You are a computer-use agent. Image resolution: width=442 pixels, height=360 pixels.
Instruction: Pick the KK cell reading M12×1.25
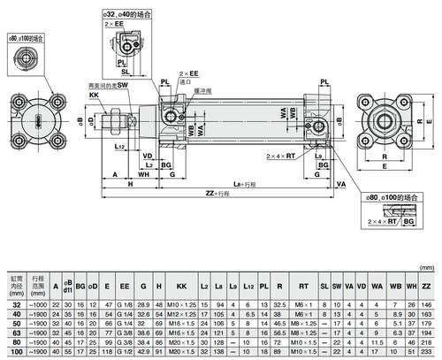182,314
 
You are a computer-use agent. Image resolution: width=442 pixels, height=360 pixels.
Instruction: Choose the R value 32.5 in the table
279,303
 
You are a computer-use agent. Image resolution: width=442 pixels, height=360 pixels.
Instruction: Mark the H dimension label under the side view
130,183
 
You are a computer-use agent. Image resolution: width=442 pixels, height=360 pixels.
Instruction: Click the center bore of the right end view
387,119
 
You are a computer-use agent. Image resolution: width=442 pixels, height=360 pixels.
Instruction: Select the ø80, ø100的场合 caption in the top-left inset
27,39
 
